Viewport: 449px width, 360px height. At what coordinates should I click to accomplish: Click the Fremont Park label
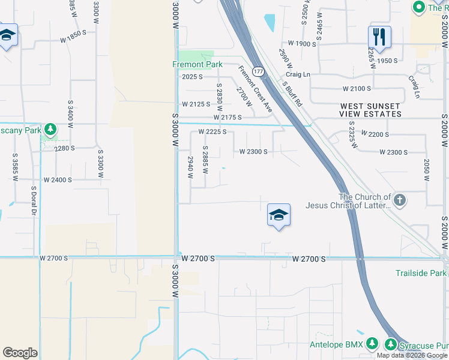[x=197, y=64]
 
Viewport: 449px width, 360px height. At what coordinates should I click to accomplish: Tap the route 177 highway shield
[x=258, y=71]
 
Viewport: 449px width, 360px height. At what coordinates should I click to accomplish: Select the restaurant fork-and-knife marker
[x=379, y=37]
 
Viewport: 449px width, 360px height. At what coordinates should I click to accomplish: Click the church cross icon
[x=400, y=199]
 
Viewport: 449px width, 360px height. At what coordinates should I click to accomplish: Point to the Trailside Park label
[x=421, y=273]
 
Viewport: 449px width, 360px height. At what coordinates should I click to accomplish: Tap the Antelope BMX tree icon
[x=373, y=344]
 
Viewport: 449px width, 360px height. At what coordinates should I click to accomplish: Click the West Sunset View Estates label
[x=370, y=110]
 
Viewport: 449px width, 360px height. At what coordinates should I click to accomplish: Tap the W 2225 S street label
[x=212, y=132]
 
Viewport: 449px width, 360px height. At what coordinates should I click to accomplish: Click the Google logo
[x=20, y=353]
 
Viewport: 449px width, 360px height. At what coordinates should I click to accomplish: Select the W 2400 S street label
[x=58, y=179]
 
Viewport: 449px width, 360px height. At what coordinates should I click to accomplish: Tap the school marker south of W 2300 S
[x=279, y=215]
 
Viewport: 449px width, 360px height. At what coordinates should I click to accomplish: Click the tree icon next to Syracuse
[x=391, y=344]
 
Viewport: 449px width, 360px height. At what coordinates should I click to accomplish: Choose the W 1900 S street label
[x=303, y=43]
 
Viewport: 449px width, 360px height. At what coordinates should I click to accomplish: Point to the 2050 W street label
[x=426, y=170]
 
